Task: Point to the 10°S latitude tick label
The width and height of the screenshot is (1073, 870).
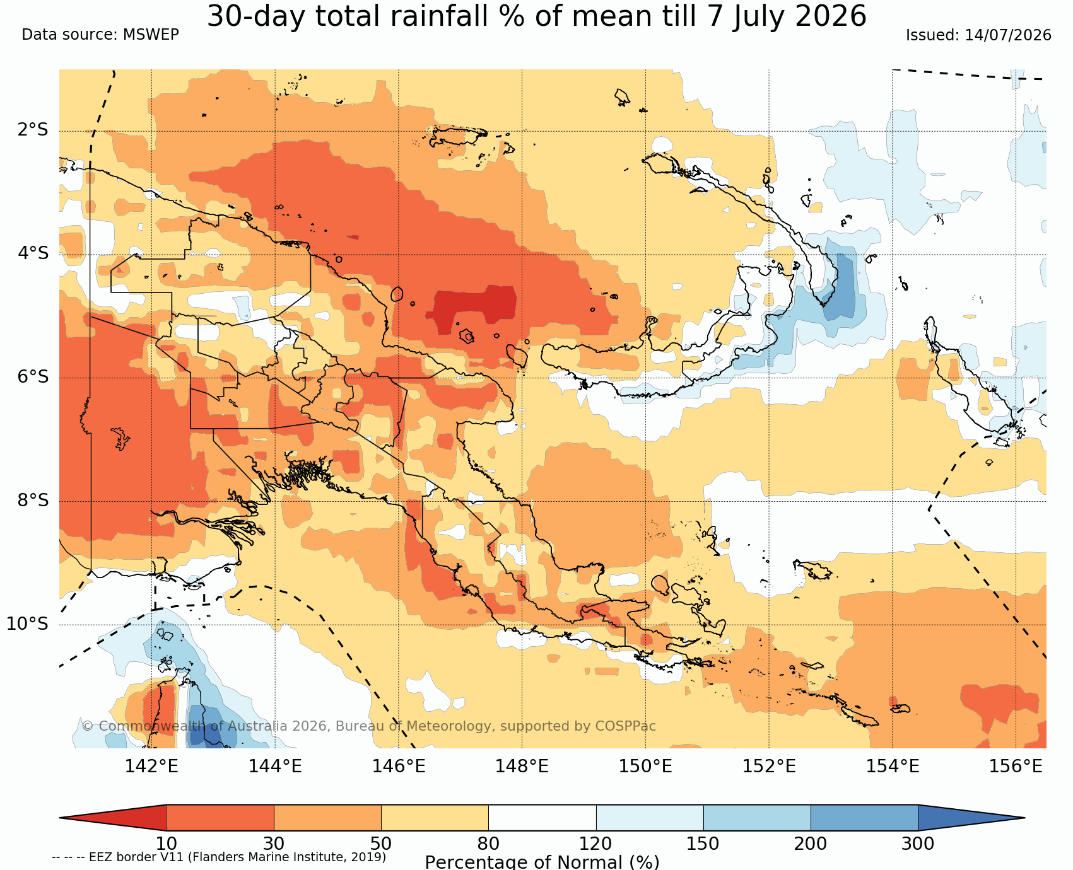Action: click(x=28, y=624)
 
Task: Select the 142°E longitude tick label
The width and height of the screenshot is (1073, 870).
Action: click(x=151, y=767)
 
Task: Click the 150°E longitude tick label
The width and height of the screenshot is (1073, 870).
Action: click(x=645, y=767)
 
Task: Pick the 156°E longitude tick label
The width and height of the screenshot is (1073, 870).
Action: click(x=1016, y=767)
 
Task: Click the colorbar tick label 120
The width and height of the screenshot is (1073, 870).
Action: click(x=596, y=844)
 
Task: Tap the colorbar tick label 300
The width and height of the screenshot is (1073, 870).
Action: click(x=918, y=844)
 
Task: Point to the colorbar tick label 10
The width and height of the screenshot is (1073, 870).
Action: click(x=167, y=844)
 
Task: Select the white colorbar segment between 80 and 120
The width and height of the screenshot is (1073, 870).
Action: click(x=542, y=818)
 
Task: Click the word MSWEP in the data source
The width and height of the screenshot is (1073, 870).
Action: click(x=151, y=35)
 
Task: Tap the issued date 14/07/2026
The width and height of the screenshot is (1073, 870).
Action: click(x=1008, y=35)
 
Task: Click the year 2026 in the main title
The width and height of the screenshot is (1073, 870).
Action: click(x=831, y=16)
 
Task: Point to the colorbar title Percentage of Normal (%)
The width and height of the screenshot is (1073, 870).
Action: click(x=542, y=862)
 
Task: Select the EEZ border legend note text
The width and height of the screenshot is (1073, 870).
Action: click(x=219, y=857)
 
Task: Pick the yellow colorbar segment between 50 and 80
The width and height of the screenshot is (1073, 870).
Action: click(x=435, y=818)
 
